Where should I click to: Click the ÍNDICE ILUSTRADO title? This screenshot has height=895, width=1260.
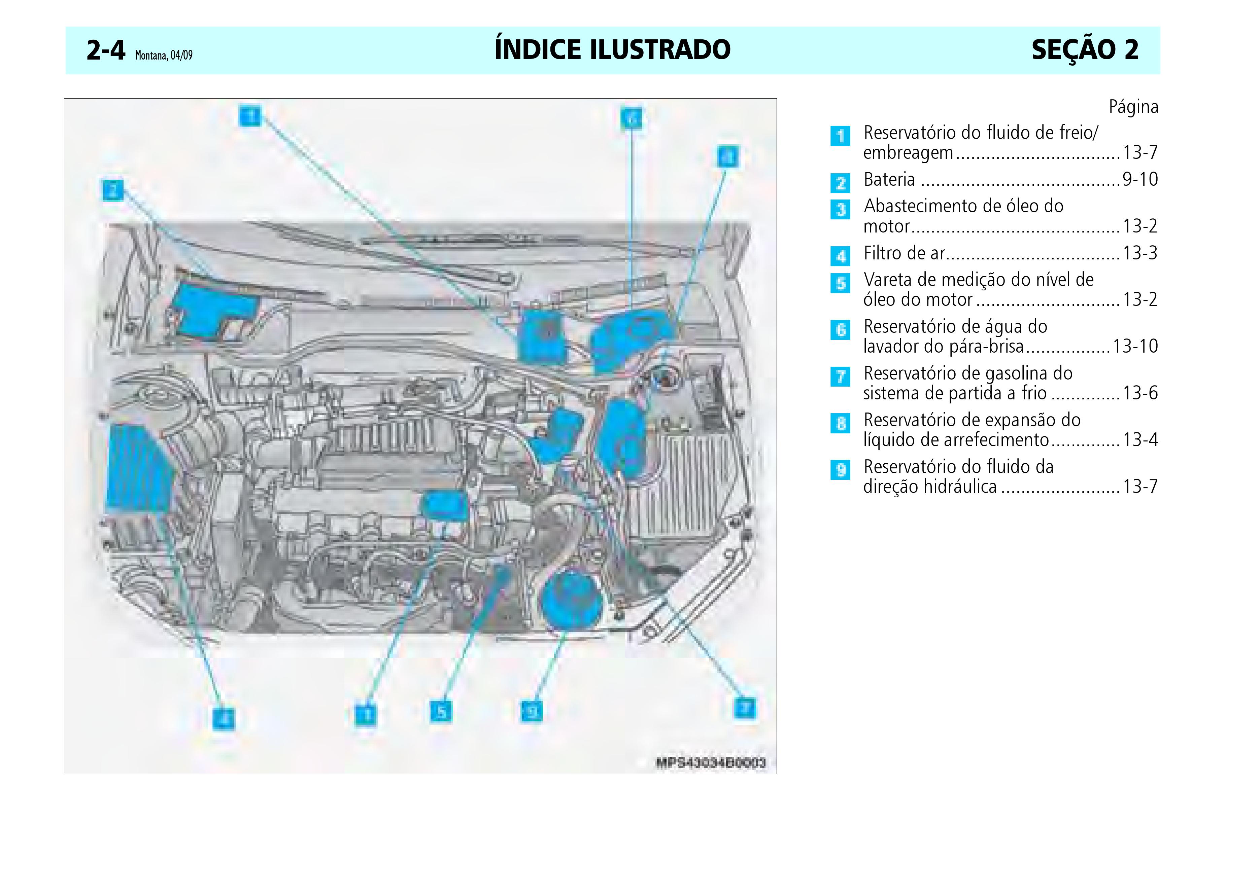(x=612, y=49)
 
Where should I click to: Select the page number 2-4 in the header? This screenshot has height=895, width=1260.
(x=106, y=51)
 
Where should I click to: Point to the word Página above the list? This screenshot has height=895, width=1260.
(x=1133, y=107)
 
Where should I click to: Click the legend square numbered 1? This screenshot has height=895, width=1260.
(x=840, y=136)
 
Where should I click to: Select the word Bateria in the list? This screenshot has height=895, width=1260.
(x=889, y=180)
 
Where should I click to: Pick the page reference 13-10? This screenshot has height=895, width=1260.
(x=1135, y=347)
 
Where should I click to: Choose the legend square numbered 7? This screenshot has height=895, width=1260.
(x=840, y=377)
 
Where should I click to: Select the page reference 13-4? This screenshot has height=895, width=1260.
(x=1140, y=440)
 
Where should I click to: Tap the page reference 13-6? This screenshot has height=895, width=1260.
(x=1140, y=393)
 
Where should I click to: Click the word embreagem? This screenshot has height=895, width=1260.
(x=908, y=153)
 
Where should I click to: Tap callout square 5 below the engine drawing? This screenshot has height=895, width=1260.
(x=441, y=712)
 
